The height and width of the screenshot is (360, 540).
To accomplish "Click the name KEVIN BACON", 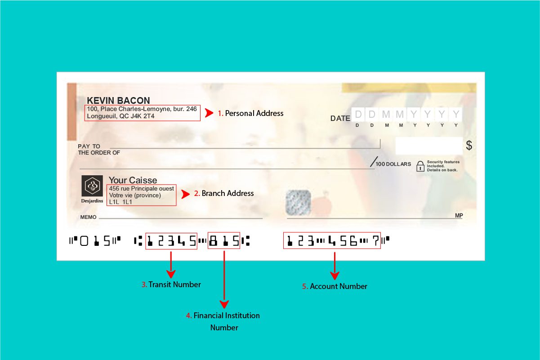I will tap(118, 101).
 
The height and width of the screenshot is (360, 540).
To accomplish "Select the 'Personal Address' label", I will tap(254, 113).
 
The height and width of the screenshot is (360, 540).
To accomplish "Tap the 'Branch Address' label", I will tap(228, 193).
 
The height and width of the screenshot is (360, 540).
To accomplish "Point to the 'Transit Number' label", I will tap(174, 284).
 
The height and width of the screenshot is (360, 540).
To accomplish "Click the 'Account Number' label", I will tap(338, 286).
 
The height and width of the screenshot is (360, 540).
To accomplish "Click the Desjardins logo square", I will tap(92, 186).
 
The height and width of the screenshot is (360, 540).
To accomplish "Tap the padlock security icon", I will tap(420, 166).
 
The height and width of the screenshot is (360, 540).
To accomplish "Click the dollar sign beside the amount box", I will tap(469, 146).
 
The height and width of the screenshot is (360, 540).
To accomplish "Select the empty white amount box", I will tap(428, 146).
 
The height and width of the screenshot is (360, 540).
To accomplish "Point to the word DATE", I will tap(340, 119).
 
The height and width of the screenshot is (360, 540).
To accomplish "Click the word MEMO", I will tap(89, 218).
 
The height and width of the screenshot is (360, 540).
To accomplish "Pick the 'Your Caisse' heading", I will tap(133, 180).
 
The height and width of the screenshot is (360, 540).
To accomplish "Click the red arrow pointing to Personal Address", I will tap(209, 113).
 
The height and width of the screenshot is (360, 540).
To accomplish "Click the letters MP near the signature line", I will tap(459, 216).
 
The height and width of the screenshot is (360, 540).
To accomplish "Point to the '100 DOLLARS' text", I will tap(393, 164).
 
